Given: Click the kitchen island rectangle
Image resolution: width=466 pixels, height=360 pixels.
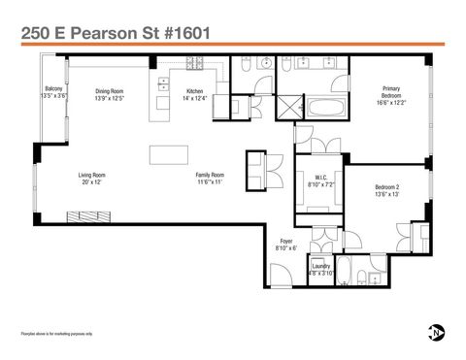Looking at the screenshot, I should click(x=171, y=154).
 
